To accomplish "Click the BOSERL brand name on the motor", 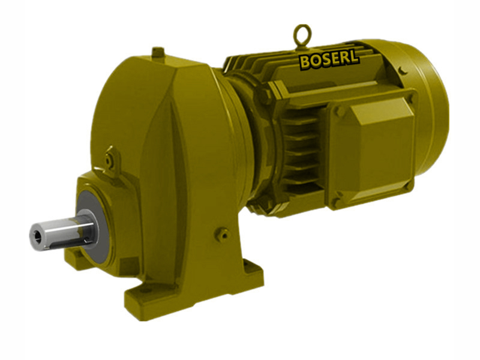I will pyautogui.click(x=329, y=60).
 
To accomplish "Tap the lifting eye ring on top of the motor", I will pyautogui.click(x=301, y=35).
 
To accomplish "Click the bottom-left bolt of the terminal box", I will pyautogui.click(x=338, y=196).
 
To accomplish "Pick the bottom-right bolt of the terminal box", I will pyautogui.click(x=408, y=186).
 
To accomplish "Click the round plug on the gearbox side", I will pyautogui.click(x=223, y=234).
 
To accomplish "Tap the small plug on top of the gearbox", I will pyautogui.click(x=158, y=53).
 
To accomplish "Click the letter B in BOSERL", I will pyautogui.click(x=305, y=61).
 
